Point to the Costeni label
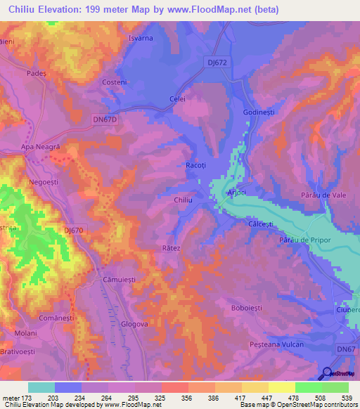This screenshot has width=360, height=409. click(114, 82)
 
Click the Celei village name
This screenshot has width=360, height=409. click(177, 100)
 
